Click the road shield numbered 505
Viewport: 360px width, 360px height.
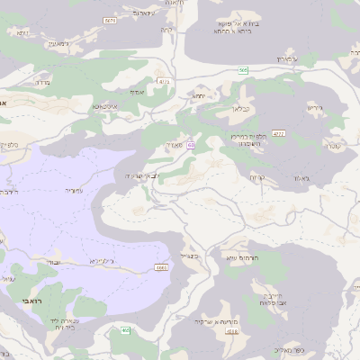coord(243,69)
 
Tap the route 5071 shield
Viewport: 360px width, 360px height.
coord(109,20)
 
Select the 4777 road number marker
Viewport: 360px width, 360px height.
coord(278,134)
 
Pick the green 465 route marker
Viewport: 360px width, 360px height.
coord(125,331)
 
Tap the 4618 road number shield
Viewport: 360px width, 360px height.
coord(232,332)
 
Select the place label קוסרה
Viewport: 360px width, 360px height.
coord(333,145)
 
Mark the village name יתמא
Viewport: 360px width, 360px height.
coord(201,95)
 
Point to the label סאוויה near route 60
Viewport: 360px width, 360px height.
coord(174,144)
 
